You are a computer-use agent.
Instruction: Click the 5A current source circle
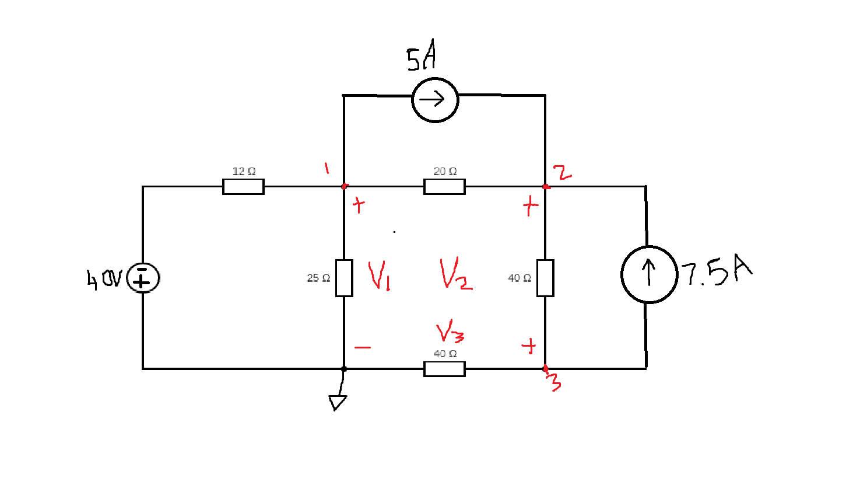pyautogui.click(x=435, y=100)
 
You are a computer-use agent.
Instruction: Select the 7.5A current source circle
pyautogui.click(x=649, y=274)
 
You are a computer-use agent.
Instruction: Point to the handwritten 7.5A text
pyautogui.click(x=717, y=271)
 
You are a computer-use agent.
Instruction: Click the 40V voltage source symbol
pyautogui.click(x=142, y=278)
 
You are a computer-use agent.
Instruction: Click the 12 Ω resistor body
pyautogui.click(x=243, y=187)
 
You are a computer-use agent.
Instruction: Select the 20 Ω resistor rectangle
pyautogui.click(x=444, y=187)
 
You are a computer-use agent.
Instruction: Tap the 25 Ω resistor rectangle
pyautogui.click(x=344, y=278)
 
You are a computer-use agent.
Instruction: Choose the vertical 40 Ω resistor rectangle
pyautogui.click(x=545, y=278)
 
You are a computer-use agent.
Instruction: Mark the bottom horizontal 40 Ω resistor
pyautogui.click(x=444, y=369)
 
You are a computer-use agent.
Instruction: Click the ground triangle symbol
pyautogui.click(x=337, y=402)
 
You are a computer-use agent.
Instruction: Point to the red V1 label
pyautogui.click(x=379, y=275)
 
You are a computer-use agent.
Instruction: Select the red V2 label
pyautogui.click(x=455, y=274)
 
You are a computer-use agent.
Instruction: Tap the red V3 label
pyautogui.click(x=450, y=333)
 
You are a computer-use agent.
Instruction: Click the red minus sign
pyautogui.click(x=363, y=347)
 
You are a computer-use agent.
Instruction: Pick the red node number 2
pyautogui.click(x=562, y=173)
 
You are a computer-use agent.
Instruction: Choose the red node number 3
pyautogui.click(x=554, y=382)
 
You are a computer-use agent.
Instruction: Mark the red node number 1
pyautogui.click(x=327, y=168)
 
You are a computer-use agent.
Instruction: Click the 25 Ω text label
pyautogui.click(x=318, y=278)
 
